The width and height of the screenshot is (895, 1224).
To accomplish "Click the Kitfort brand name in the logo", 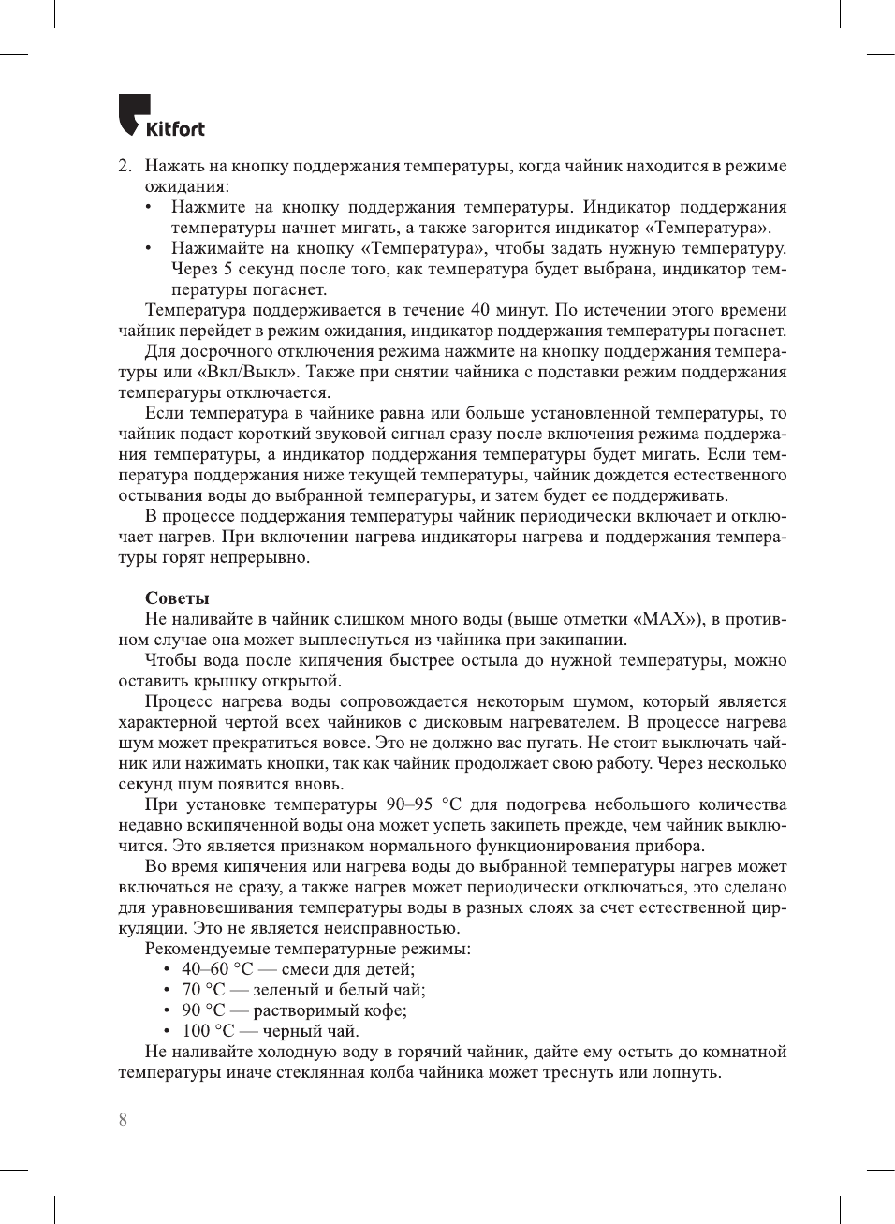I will [175, 128].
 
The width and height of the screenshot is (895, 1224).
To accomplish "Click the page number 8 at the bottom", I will [123, 1119].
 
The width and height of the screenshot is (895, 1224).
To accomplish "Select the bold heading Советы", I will [177, 597].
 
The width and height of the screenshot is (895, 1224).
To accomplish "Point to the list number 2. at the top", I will [125, 166].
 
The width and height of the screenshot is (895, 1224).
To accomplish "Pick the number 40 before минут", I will [479, 310].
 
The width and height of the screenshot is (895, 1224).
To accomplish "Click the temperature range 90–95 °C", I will [423, 804].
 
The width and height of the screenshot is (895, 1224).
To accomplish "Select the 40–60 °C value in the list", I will [217, 969].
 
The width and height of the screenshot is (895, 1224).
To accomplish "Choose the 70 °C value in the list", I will [203, 990].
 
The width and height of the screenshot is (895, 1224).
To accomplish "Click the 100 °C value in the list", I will [208, 1031].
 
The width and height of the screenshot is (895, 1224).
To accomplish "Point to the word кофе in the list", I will [386, 1010].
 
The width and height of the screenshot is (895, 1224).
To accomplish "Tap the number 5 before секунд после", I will [227, 269].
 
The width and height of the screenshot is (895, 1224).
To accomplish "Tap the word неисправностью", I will [380, 928].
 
